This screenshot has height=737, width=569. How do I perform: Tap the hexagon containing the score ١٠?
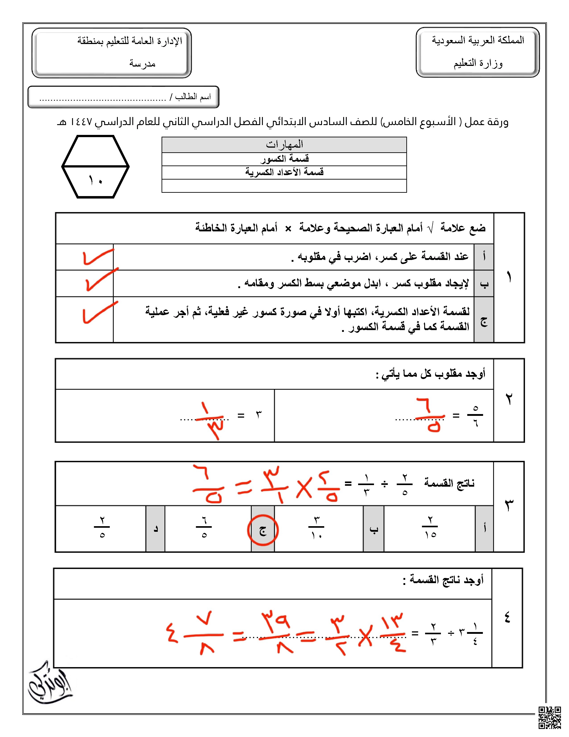(96, 166)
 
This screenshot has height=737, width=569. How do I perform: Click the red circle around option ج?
(263, 530)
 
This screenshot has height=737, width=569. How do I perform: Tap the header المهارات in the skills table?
(284, 145)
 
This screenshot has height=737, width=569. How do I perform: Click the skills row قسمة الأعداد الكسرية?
(284, 172)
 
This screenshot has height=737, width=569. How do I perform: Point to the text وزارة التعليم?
(478, 63)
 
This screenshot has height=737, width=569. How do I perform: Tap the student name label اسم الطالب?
(193, 97)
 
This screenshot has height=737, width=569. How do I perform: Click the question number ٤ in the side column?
(507, 617)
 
